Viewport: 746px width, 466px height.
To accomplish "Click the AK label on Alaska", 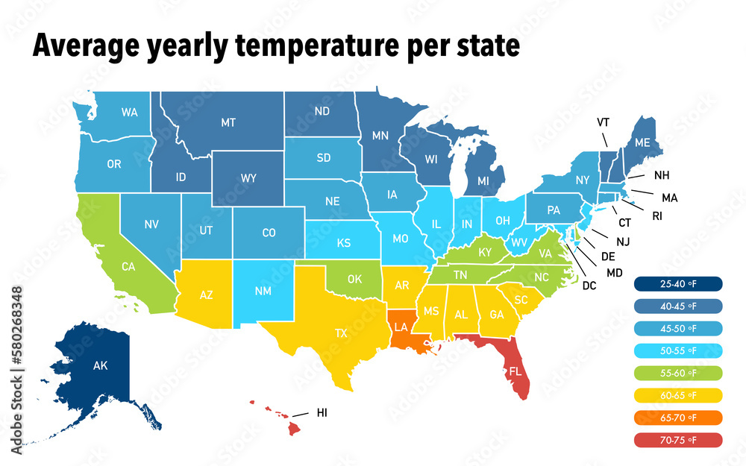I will coord(100,366).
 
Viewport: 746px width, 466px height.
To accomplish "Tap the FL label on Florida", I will coord(515,370).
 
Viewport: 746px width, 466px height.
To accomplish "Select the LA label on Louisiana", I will coord(401,327).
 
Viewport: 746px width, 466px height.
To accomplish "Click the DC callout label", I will coord(589,286).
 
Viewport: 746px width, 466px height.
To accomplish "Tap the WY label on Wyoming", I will coord(248,178).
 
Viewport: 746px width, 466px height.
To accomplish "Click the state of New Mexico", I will coord(263,291).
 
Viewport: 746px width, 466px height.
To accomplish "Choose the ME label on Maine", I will coord(642,142).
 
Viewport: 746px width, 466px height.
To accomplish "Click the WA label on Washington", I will coord(130,113).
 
